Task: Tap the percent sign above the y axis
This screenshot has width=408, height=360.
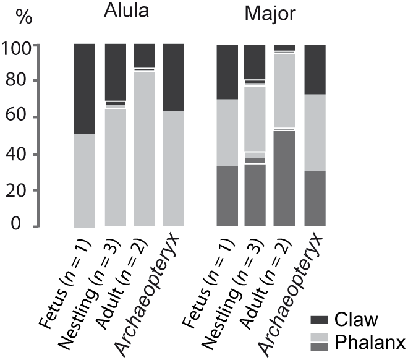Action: point(23,17)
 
